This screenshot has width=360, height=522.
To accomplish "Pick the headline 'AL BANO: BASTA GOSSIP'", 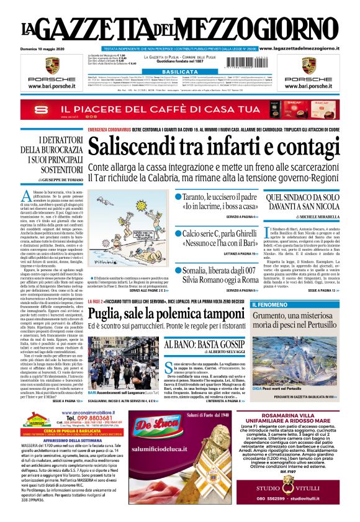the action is pyautogui.click(x=214, y=344).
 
